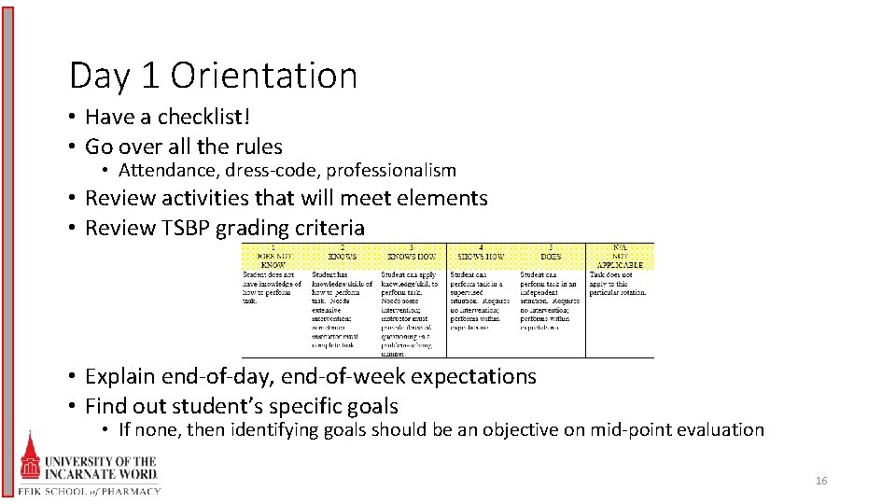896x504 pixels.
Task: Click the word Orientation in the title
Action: click(x=264, y=76)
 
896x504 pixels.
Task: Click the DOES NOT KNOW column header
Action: click(x=273, y=257)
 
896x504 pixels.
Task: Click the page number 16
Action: click(x=821, y=482)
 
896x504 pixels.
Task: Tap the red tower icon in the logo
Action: click(x=30, y=457)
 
